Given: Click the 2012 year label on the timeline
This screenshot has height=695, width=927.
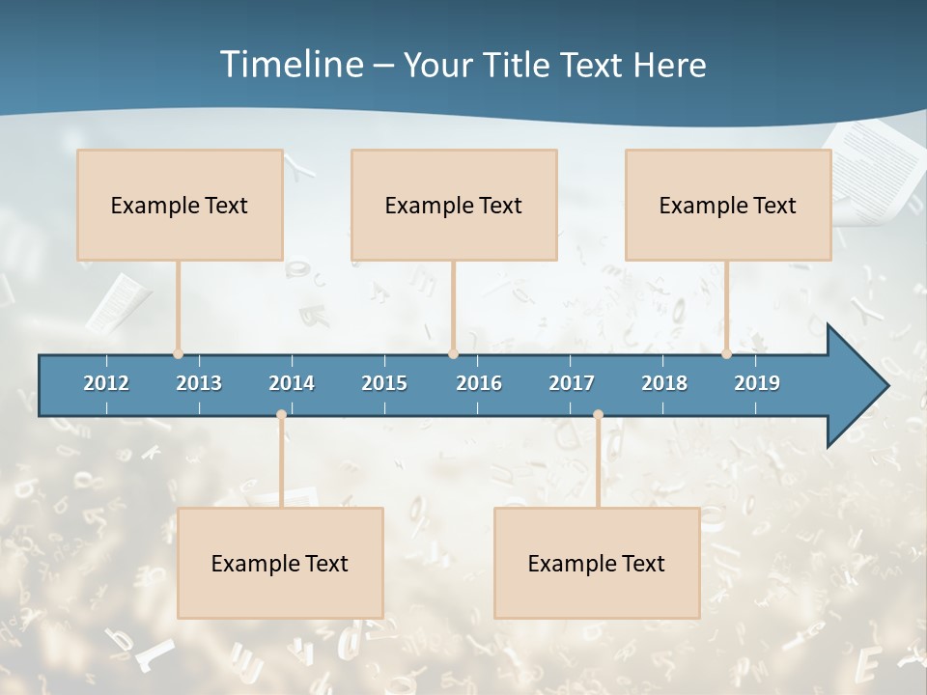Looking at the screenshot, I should click(x=106, y=383).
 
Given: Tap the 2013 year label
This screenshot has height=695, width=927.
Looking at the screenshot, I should click(x=199, y=383).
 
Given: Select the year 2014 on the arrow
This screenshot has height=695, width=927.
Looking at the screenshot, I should click(x=292, y=383).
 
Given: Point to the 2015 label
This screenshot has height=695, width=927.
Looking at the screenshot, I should click(x=384, y=383).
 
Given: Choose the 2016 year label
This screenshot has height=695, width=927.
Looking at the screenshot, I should click(x=479, y=383).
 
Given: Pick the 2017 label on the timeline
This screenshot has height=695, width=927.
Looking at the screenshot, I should click(x=572, y=383).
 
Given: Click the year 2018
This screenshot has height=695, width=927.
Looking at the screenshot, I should click(x=664, y=383).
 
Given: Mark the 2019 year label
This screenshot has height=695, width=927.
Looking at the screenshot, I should click(x=757, y=383).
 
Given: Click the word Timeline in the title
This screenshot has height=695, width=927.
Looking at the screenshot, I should click(x=291, y=65).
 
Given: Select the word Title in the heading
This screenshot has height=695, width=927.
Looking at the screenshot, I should click(x=518, y=66).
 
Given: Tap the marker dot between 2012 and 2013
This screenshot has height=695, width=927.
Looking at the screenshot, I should click(x=178, y=353).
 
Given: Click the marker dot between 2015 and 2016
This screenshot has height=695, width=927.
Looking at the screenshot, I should click(x=453, y=353).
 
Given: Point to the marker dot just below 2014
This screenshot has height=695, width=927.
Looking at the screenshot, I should click(x=281, y=415).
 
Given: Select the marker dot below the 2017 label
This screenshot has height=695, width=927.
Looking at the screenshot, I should click(x=598, y=415).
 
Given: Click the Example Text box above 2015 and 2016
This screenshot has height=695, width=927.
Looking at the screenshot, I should click(x=454, y=205).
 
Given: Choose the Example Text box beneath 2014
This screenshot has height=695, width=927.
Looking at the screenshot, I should click(x=280, y=563).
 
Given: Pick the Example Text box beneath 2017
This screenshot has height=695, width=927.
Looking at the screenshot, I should click(x=597, y=563).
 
